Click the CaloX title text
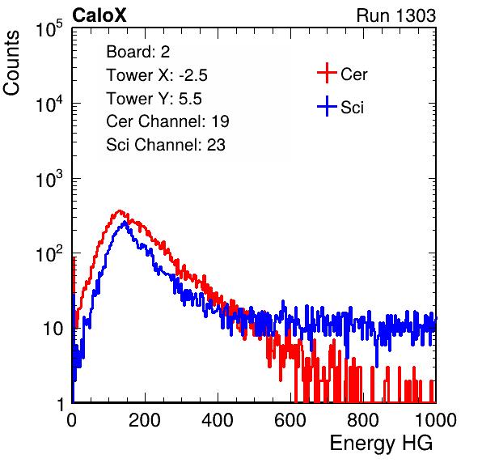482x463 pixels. pos(99,15)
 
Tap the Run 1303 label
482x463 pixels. pos(396,15)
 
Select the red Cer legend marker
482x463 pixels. pos(327,73)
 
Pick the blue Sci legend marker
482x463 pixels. pos(327,106)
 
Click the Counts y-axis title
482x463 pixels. pos(11,63)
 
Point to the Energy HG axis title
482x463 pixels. pos(381,444)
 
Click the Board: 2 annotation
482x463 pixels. pos(138,52)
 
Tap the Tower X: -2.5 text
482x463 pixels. pos(157,75)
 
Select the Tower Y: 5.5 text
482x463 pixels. pos(154,99)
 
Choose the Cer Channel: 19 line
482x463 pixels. pos(167,121)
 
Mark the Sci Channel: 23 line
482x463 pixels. pos(166,145)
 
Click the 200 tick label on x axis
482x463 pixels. pos(145,420)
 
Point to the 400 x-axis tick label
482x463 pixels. pos(218,420)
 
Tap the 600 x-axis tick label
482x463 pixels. pos(290,420)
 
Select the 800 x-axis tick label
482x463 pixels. pos(363,420)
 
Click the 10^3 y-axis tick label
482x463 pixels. pos(49,179)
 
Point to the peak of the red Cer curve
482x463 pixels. pos(120,210)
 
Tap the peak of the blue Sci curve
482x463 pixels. pos(125,222)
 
